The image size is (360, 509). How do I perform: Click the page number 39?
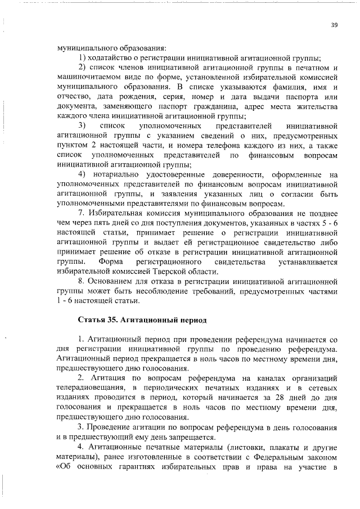[x=334, y=25]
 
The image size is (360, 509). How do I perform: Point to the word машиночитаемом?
[x=85, y=78]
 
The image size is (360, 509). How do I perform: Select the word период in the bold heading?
[x=177, y=320]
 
